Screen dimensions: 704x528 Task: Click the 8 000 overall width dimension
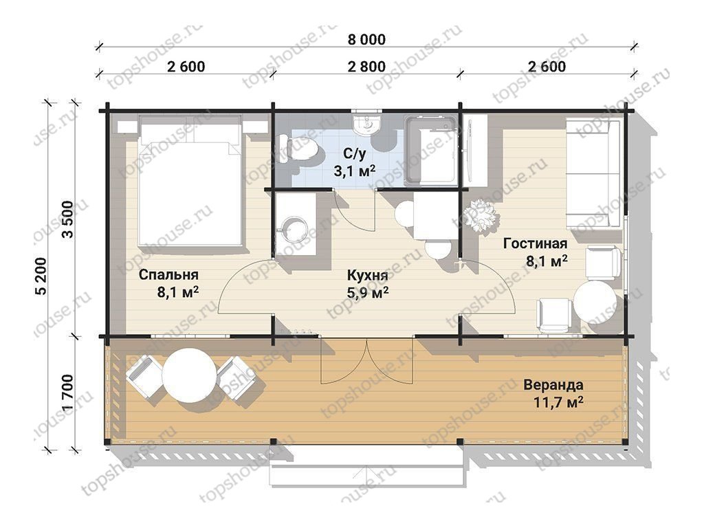pos(366,39)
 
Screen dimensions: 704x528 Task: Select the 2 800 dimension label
pos(366,67)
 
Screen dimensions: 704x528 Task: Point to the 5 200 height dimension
pos(41,276)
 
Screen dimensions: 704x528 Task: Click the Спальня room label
pos(168,274)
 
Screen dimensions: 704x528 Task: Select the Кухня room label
pos(367,275)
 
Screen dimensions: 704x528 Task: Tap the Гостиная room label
pos(535,243)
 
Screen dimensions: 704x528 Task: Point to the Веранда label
pos(553,385)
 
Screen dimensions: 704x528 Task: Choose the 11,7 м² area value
pos(558,401)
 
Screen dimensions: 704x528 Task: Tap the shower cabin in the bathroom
pos(432,151)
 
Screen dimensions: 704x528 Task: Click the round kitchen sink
pos(294,230)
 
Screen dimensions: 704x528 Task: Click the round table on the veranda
pos(189,376)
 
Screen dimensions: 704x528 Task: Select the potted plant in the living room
pos(481,217)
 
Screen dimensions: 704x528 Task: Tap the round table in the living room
pos(595,302)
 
